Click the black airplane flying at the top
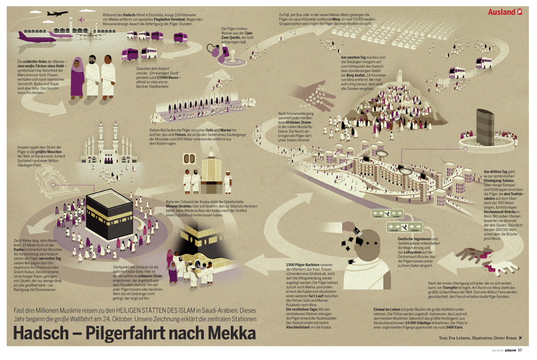(x=57, y=13)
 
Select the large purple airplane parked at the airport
(x=36, y=36)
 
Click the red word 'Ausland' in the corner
(x=501, y=11)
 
